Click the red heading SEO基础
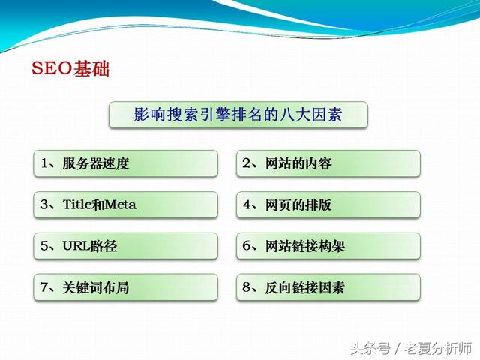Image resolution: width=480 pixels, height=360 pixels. coord(70,68)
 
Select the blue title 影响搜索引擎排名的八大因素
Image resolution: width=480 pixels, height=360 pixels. coord(238,115)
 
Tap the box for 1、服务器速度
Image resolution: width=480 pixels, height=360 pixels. coord(125,163)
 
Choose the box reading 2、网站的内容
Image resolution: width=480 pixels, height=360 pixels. coord(328,163)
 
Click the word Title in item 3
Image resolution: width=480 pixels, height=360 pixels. coord(77,205)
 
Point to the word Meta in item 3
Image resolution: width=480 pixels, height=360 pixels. coord(120,205)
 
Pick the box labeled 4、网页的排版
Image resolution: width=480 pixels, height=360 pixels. coord(328,205)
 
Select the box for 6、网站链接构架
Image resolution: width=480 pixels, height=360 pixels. coord(328,246)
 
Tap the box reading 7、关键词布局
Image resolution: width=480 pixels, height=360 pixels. coord(125,287)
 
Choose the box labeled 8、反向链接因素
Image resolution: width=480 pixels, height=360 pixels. coord(328,287)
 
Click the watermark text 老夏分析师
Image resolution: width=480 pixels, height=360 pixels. coord(438,348)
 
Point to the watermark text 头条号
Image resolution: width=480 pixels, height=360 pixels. coord(370,348)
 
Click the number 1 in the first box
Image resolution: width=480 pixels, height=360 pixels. coord(45,163)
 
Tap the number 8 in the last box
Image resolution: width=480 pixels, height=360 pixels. coord(247,286)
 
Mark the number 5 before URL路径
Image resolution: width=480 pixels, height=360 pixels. coord(44,245)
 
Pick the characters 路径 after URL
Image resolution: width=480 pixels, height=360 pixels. coord(103,246)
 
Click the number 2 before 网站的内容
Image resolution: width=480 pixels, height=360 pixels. coord(247,163)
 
